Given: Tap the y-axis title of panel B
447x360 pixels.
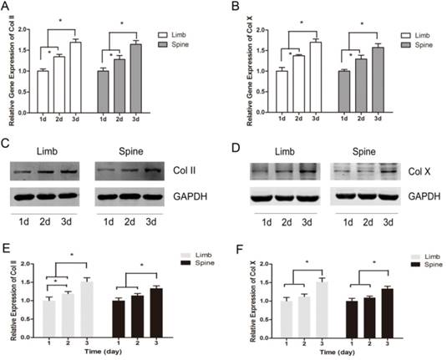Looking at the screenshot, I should click(237, 58).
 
